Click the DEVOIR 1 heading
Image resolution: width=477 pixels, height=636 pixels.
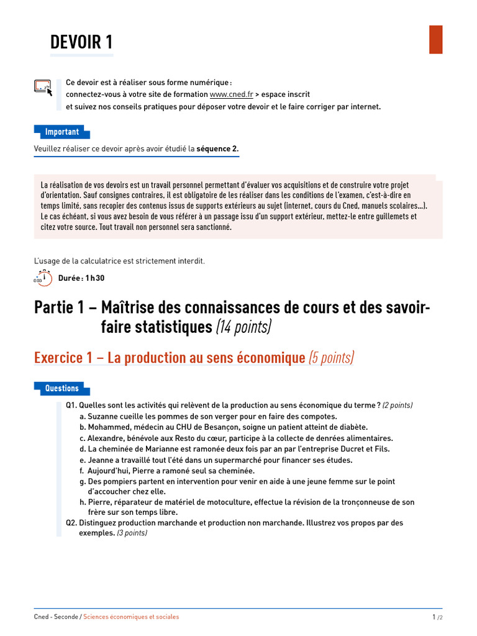(81, 42)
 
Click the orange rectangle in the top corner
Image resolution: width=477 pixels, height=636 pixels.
(435, 39)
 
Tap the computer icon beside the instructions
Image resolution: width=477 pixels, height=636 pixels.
(43, 88)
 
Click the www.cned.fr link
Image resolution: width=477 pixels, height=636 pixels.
(231, 94)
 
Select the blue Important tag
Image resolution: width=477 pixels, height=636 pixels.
(61, 132)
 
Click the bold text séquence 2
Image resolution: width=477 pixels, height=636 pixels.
(217, 148)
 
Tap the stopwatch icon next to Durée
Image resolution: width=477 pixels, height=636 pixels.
(43, 278)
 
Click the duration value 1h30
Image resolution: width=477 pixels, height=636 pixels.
(95, 278)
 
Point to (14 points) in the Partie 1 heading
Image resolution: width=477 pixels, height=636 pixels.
(243, 327)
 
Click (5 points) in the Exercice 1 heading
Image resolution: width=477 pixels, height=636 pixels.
(331, 358)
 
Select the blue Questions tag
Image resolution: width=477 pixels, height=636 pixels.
(61, 388)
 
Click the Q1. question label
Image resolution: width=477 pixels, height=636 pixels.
(71, 405)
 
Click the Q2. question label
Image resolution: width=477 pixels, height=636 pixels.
(71, 523)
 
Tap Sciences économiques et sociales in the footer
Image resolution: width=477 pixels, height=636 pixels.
(131, 617)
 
